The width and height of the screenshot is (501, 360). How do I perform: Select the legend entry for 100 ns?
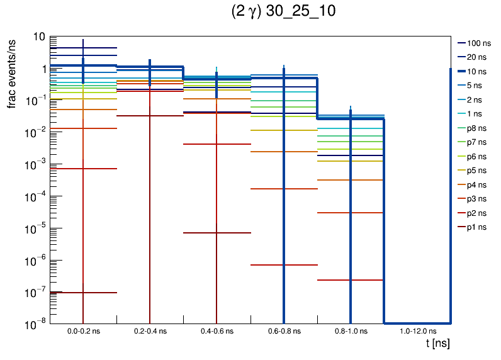click(478, 43)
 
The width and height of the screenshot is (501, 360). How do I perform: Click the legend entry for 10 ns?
click(478, 72)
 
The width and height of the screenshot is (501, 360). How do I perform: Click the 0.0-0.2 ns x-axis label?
click(83, 331)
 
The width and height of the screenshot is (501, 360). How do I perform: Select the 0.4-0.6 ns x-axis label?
click(217, 331)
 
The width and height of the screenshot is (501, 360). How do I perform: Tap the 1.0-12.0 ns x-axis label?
click(417, 331)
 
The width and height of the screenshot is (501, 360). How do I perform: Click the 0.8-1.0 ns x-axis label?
click(350, 331)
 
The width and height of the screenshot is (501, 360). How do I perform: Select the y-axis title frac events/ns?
click(12, 73)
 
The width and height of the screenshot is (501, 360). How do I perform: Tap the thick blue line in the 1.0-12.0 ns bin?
click(417, 323)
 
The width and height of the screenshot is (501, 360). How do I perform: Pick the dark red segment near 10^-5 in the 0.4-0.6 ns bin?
click(201, 233)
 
